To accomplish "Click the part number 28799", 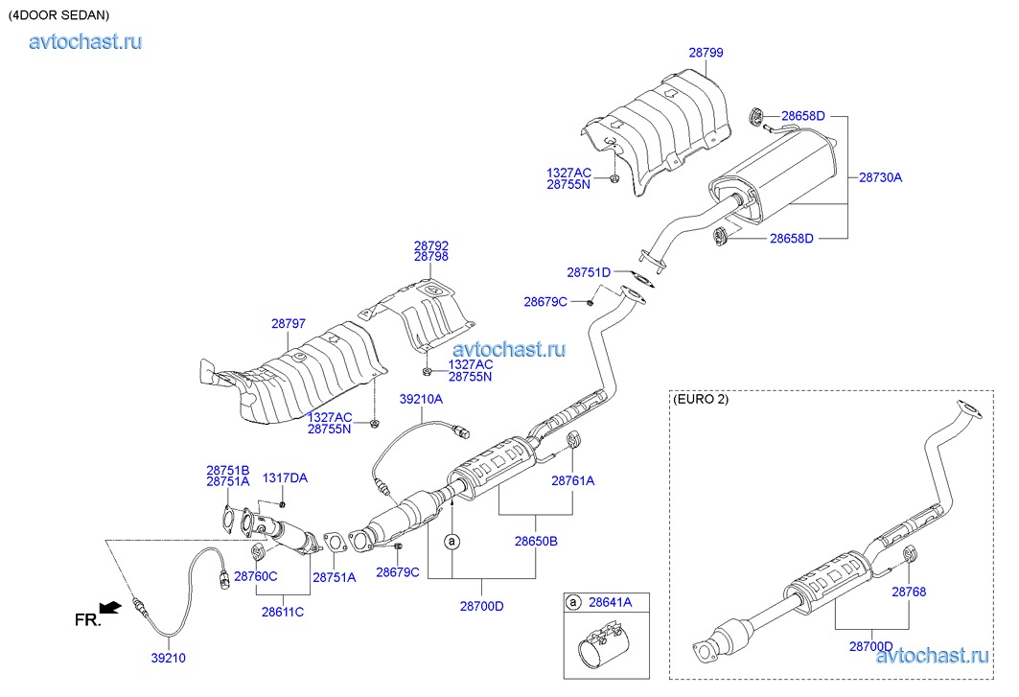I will [706, 54].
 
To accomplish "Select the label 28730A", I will [880, 177].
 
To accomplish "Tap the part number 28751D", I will [589, 272].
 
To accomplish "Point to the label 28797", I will [289, 324].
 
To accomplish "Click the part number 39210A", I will [422, 399].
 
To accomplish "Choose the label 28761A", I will [572, 481].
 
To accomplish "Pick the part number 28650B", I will [536, 541].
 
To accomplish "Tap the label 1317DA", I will [286, 477].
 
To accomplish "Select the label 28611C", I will [282, 611].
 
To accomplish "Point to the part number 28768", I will [909, 592].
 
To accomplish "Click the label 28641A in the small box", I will [610, 602].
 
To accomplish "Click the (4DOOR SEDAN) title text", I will [58, 15].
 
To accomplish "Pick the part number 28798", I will [431, 258].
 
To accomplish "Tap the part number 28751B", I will [227, 470].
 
